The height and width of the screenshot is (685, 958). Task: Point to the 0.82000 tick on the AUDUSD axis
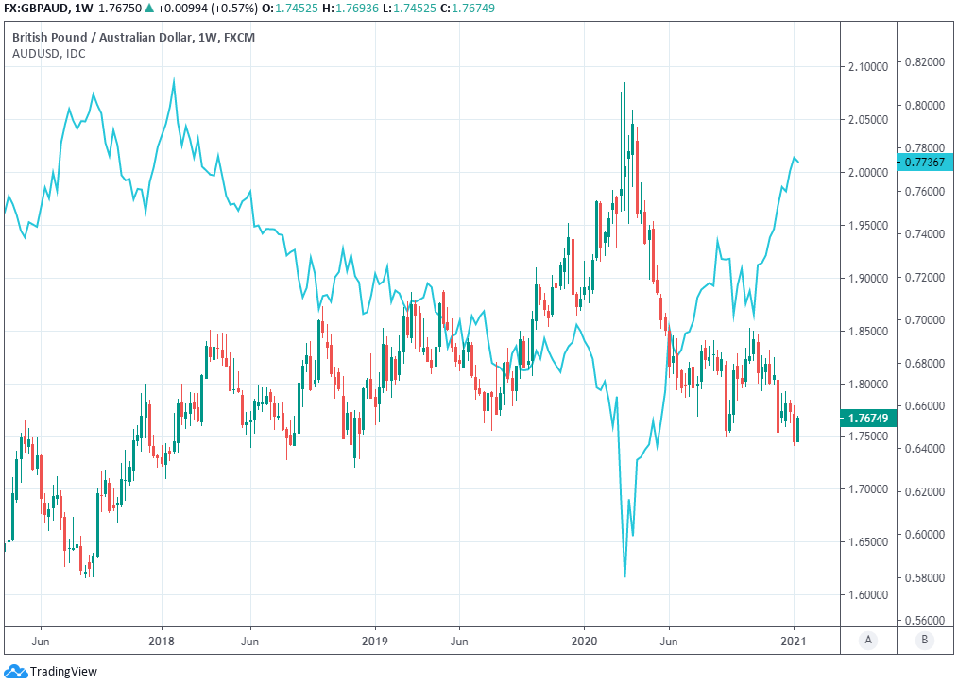923,61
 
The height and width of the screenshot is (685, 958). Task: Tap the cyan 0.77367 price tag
923,163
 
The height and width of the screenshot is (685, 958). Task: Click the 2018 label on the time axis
162,640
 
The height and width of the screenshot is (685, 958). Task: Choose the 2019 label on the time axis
375,640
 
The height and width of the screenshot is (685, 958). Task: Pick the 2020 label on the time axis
584,640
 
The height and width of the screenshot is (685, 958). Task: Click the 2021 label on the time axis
794,640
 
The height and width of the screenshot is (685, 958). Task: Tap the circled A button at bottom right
868,640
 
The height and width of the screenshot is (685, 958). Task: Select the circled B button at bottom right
924,640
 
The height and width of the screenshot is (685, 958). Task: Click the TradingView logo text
62,672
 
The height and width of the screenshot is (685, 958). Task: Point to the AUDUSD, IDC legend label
49,53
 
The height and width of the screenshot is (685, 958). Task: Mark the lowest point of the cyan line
625,576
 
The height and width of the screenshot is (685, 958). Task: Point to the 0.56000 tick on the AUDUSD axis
923,621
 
